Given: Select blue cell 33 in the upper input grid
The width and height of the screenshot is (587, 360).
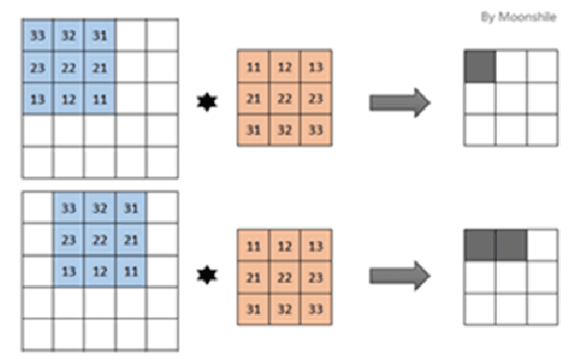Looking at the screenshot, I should (38, 36).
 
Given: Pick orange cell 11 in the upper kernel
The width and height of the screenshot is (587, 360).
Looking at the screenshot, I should (254, 67).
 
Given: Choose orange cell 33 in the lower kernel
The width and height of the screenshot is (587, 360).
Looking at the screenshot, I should (316, 308).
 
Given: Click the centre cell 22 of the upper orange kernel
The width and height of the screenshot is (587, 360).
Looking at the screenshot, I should (285, 98).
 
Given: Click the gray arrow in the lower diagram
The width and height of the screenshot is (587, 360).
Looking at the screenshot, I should (399, 275).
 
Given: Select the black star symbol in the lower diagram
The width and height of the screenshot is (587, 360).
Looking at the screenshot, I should (205, 276).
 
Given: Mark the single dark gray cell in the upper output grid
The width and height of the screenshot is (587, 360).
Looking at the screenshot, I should (480, 66).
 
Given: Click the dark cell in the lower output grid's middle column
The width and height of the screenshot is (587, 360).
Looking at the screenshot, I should (511, 245).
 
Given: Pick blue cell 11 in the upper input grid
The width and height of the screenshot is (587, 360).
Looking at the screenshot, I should (100, 98).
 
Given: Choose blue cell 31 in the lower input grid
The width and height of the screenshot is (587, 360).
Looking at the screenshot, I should (132, 207).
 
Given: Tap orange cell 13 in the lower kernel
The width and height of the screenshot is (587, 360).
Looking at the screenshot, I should (316, 247).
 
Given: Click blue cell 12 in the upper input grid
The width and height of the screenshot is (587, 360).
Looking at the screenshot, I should (68, 98).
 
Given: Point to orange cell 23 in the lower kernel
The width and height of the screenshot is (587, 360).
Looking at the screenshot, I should (316, 277).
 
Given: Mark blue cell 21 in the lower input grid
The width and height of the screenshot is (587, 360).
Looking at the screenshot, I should (132, 239).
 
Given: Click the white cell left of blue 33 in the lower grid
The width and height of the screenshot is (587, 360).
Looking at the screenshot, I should (38, 207).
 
